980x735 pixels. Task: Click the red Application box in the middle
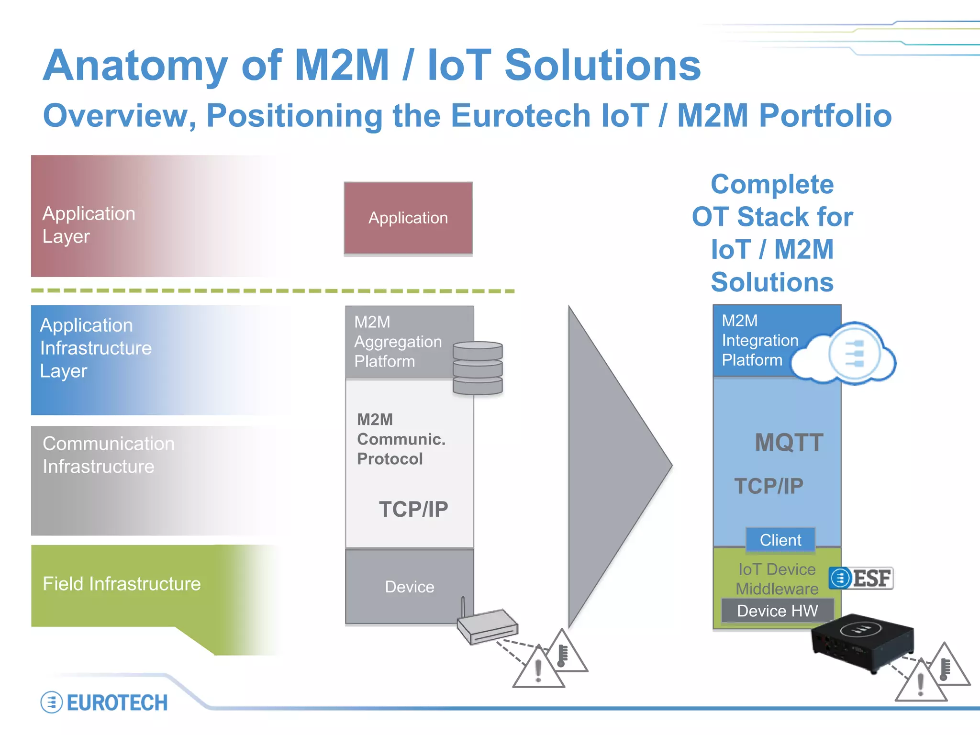pos(408,218)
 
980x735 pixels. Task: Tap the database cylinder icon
pos(478,367)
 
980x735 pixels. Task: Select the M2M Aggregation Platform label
pos(398,342)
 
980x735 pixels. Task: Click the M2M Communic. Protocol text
pos(401,439)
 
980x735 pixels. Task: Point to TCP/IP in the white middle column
pos(413,509)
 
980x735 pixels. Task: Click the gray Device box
pos(409,587)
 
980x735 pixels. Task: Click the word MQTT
pos(789,442)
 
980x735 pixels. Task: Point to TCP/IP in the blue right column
pos(768,486)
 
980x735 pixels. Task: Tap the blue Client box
pos(780,540)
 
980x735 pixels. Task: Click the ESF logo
pos(861,578)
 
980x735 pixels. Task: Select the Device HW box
pos(777,611)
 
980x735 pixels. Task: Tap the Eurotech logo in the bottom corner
pos(104,702)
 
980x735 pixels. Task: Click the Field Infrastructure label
pos(122,584)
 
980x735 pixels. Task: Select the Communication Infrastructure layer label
pos(108,455)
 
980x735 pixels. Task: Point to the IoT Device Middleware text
pos(777,579)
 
